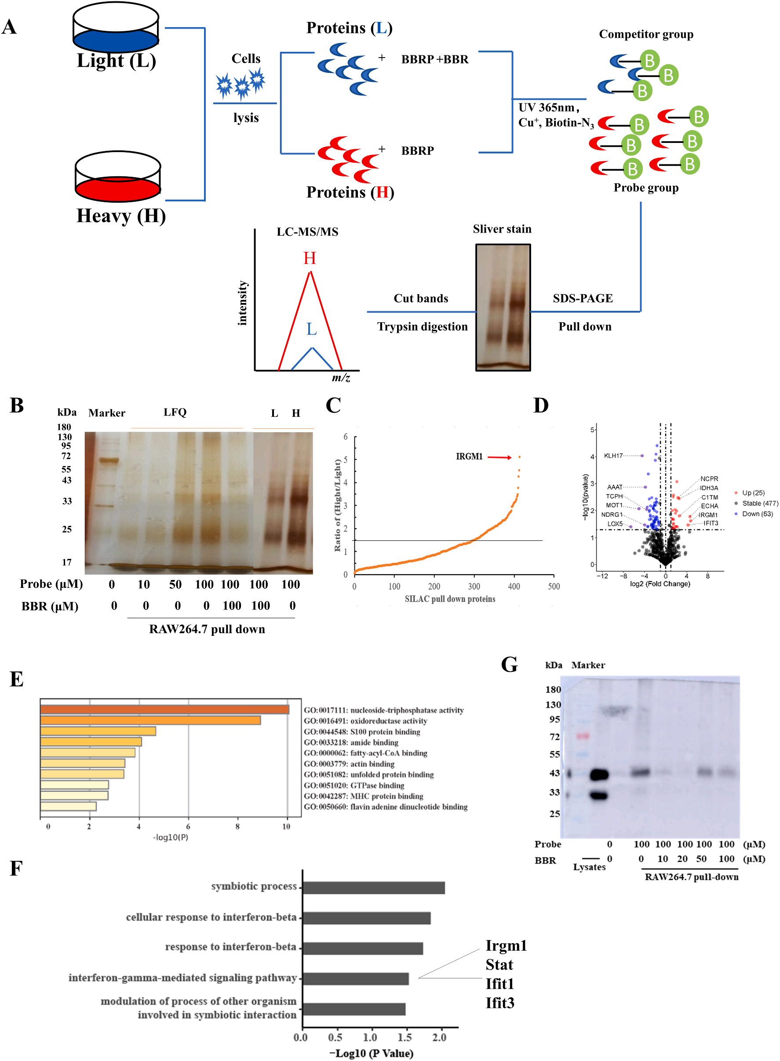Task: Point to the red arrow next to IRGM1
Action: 499,457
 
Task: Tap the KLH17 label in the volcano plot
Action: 613,456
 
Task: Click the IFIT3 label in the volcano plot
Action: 711,523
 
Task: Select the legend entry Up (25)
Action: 753,492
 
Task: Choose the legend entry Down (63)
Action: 757,514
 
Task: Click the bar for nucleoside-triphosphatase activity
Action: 164,709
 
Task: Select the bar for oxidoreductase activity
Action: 150,720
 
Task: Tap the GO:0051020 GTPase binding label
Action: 354,785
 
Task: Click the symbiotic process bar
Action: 373,887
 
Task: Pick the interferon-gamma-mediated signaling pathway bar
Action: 356,978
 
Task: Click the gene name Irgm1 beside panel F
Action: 506,945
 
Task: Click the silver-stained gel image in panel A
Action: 503,307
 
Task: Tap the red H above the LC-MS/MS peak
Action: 310,258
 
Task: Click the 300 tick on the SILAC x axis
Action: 474,587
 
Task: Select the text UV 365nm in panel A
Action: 547,108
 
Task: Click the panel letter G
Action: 510,664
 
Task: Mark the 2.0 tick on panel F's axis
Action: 439,1037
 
